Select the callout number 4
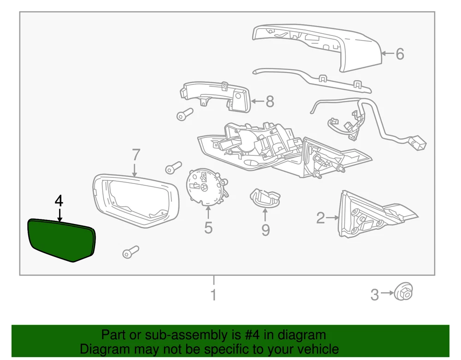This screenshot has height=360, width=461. point(59,201)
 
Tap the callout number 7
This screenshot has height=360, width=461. point(135,154)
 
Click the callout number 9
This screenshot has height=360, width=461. point(266,229)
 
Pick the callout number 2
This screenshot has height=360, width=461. point(320,217)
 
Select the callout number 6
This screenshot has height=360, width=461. point(400,54)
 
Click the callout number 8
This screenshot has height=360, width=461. point(270,101)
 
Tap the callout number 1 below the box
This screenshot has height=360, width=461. point(213,294)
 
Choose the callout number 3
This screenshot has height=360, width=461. point(375,294)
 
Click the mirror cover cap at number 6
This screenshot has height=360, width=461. point(323,46)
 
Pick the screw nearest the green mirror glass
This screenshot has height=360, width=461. point(130,252)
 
